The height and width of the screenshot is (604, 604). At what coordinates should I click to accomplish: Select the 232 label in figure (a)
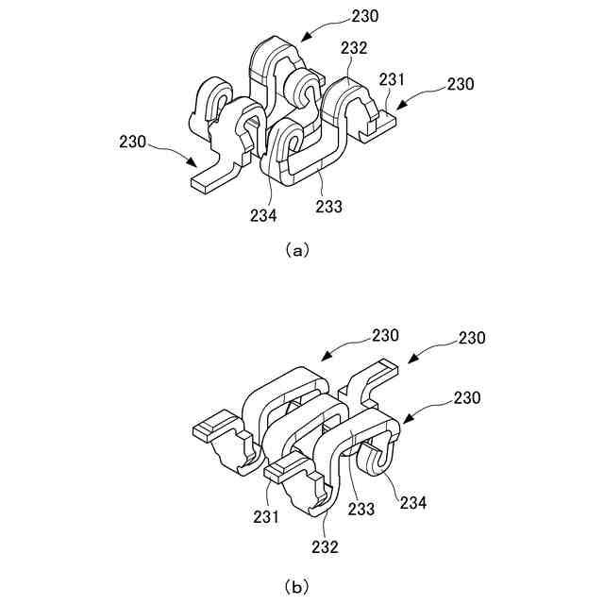(355, 47)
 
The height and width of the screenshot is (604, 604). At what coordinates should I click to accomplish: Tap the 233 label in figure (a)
(329, 207)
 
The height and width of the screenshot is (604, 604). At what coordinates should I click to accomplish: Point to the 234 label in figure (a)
(263, 215)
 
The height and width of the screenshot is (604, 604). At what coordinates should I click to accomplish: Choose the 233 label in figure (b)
(361, 510)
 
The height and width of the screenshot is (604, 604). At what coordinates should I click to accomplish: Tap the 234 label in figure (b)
(413, 504)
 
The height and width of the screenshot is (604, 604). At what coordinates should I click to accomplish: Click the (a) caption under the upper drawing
(296, 250)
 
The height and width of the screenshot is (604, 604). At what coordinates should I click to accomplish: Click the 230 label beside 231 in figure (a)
(461, 85)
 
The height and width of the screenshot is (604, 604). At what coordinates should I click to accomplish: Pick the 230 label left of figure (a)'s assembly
(133, 143)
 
